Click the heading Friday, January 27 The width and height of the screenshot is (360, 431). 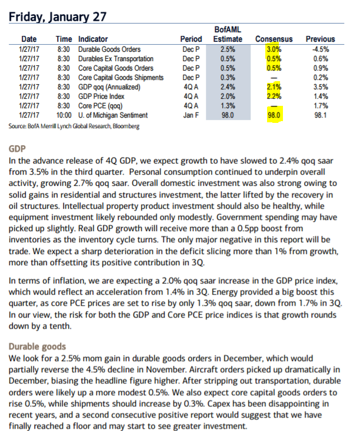[x=58, y=17]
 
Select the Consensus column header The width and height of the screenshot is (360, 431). [x=274, y=39]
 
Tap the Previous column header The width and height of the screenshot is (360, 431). [x=321, y=39]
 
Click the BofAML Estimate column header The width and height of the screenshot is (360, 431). [x=228, y=34]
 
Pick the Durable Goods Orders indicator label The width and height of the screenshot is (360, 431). [x=109, y=49]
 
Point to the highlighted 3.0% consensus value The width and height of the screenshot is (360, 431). [x=274, y=49]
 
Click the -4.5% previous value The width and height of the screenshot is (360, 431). [x=321, y=49]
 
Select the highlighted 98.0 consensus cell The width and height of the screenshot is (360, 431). [x=274, y=115]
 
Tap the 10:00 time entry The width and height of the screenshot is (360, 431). [x=64, y=115]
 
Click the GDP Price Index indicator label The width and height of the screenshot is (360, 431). [x=101, y=96]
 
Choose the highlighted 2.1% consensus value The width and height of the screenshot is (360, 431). [x=274, y=87]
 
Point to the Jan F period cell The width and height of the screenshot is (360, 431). [x=191, y=115]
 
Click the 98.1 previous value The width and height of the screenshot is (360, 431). [x=321, y=115]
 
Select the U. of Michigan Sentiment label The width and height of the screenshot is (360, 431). [x=113, y=115]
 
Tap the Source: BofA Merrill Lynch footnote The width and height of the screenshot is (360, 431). [x=74, y=126]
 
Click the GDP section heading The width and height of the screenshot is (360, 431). [x=17, y=149]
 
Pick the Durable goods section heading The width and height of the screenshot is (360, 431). [x=37, y=346]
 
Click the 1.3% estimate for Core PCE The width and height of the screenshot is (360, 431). [x=228, y=106]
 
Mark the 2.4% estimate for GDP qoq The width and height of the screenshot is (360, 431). [x=228, y=87]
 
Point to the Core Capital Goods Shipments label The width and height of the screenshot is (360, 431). [x=121, y=78]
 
